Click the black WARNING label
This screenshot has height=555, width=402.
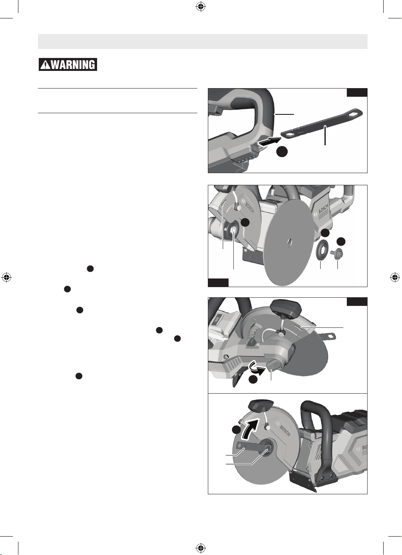[x=68, y=64]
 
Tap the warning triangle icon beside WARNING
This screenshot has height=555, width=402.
[x=45, y=65]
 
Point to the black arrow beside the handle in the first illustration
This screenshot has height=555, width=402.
[x=269, y=142]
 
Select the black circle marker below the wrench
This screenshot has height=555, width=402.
[x=282, y=152]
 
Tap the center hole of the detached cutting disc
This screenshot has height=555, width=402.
[x=290, y=242]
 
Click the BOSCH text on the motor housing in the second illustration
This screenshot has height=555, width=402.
[x=323, y=209]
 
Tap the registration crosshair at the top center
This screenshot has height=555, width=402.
[x=200, y=7]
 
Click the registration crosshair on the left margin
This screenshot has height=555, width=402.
[x=7, y=277]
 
